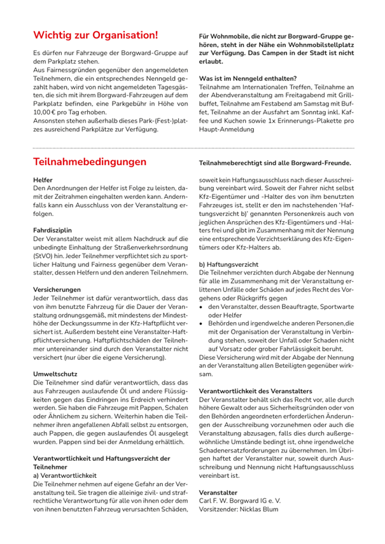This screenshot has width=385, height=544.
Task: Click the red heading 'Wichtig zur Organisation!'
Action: [95, 34]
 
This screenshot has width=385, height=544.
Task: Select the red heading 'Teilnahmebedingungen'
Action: [90, 162]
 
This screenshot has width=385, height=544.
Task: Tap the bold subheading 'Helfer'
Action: [43, 180]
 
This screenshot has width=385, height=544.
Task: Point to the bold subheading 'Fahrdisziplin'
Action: [52, 228]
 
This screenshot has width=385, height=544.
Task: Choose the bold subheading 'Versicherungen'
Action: [56, 287]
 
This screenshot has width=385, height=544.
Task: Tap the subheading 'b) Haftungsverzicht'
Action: [228, 263]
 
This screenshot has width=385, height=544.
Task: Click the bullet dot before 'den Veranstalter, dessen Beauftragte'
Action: [202, 306]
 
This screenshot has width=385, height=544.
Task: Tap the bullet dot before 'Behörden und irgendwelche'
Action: [202, 323]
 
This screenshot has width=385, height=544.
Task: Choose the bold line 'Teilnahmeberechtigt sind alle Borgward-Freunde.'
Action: [275, 163]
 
